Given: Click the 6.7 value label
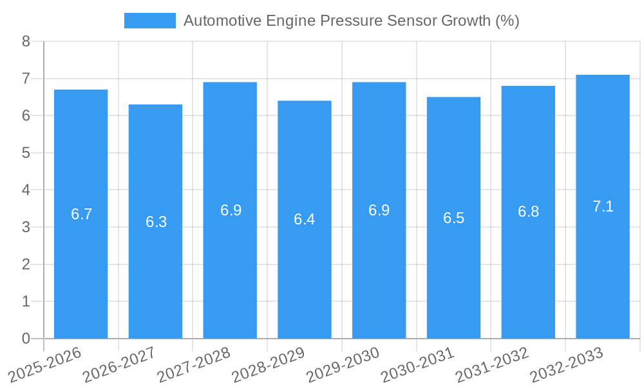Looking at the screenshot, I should [x=82, y=214].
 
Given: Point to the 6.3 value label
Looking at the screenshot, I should [x=156, y=222].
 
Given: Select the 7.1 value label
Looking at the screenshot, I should [x=603, y=206].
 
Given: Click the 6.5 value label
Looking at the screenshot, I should [x=453, y=218].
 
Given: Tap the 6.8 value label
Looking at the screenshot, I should [x=528, y=212].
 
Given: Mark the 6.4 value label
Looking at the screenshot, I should [x=305, y=219].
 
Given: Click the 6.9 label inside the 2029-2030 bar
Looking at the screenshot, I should [x=379, y=210].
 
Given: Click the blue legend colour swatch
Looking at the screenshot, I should [x=149, y=21].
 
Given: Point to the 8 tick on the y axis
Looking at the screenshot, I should [x=26, y=41].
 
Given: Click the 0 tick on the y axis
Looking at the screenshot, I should [x=26, y=339].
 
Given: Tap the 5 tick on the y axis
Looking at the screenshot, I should [x=26, y=153].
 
